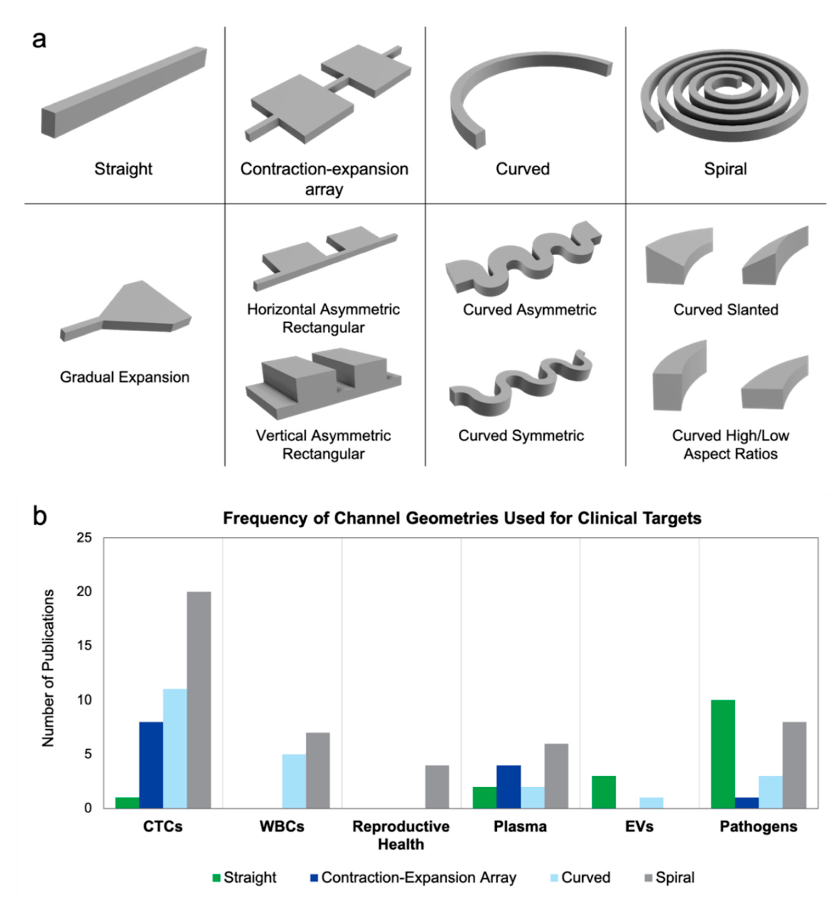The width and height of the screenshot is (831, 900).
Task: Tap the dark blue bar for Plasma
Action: pos(509,787)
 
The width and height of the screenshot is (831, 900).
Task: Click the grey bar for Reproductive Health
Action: pos(437,787)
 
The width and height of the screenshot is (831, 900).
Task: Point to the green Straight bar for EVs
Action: pos(604,792)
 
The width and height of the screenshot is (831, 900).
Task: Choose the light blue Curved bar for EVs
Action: pos(651,803)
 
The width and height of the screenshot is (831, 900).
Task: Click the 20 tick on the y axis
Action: pos(84,592)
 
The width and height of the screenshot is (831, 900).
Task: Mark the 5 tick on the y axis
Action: pos(88,754)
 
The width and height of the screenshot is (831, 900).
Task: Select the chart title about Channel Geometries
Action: pos(462,518)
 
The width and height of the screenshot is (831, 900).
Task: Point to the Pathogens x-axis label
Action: pos(758,826)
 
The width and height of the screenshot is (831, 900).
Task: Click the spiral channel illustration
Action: pos(724,94)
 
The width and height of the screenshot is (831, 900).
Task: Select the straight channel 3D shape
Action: pos(124,92)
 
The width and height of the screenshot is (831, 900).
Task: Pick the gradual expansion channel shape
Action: pos(128,310)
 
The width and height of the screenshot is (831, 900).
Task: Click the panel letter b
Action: pos(40,516)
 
